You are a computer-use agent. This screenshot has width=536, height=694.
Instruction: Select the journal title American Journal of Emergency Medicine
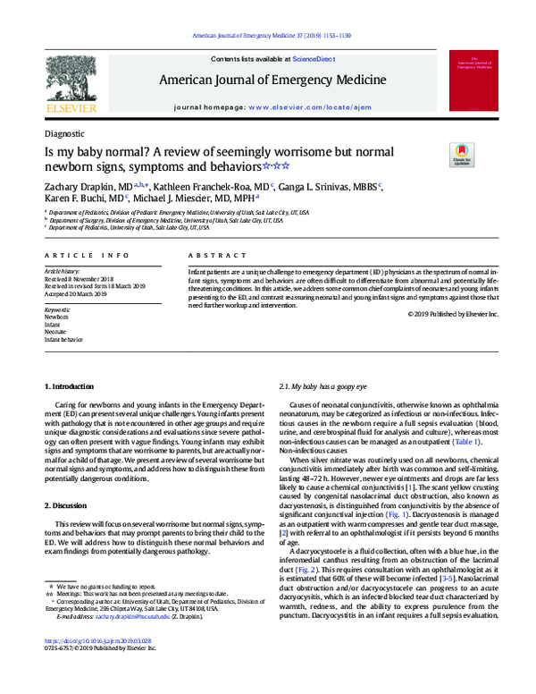(x=272, y=80)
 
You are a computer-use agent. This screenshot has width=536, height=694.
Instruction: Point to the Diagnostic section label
(x=64, y=132)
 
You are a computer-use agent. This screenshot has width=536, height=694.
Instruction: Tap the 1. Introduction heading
(x=69, y=386)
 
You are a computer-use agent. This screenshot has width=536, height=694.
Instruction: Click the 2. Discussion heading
(x=67, y=505)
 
